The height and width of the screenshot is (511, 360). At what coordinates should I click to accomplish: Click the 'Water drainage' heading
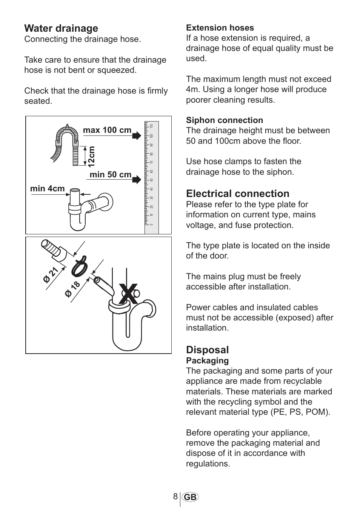click(61, 28)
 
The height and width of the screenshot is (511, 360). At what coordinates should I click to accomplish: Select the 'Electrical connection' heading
click(238, 194)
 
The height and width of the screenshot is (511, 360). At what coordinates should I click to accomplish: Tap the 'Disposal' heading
click(207, 350)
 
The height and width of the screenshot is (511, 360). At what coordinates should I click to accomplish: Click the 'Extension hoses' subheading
click(220, 28)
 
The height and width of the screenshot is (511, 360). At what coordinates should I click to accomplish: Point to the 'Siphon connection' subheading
click(225, 120)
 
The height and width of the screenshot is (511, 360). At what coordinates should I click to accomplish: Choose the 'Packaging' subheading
click(207, 361)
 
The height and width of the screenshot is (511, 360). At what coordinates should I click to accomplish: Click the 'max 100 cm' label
click(107, 130)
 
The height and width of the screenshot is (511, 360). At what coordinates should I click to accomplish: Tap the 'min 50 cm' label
click(111, 175)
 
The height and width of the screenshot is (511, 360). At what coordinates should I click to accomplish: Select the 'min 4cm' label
click(48, 189)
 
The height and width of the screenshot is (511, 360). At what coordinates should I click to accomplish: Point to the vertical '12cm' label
click(91, 157)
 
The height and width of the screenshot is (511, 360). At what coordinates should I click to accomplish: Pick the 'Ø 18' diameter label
click(73, 289)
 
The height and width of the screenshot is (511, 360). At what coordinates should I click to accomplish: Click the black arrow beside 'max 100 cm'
click(137, 135)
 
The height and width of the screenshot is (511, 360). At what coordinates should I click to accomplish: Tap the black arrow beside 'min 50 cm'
click(137, 179)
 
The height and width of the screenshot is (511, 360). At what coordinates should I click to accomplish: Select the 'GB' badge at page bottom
click(190, 497)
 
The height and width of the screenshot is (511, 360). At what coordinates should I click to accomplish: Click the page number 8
click(175, 497)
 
